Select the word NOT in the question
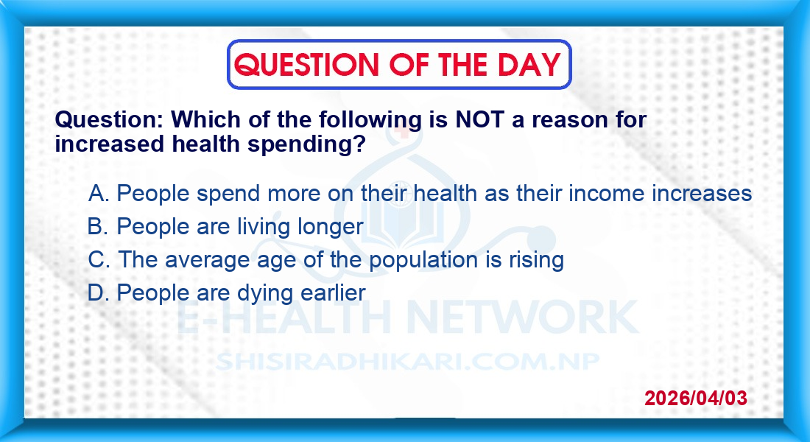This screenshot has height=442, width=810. [479, 120]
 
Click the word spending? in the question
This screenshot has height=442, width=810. [306, 144]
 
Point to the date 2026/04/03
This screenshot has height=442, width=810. [696, 398]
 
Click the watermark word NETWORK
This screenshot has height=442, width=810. [523, 317]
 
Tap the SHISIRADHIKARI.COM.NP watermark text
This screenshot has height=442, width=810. [408, 362]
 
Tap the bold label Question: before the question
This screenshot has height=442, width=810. [109, 120]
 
